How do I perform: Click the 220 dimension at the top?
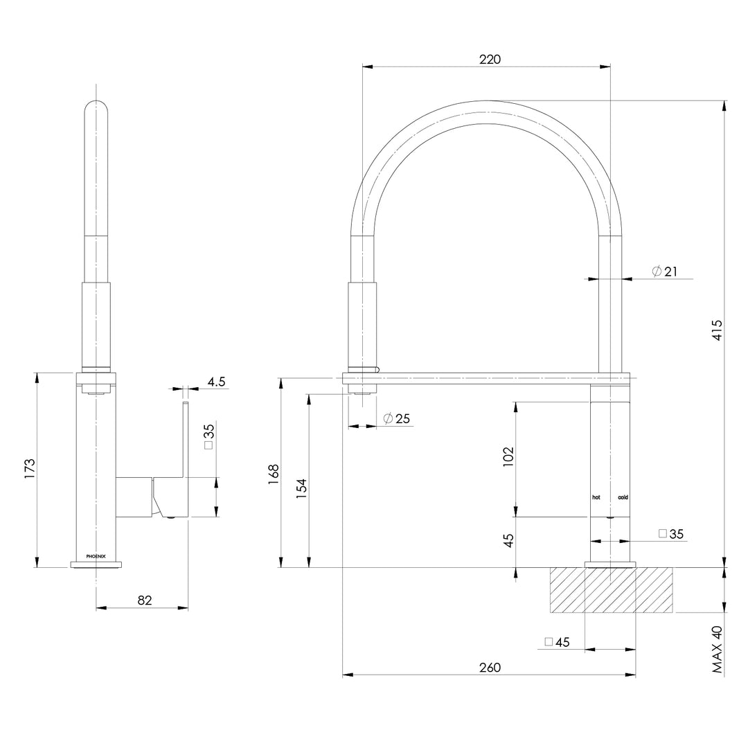click(490, 59)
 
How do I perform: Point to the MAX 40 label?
click(717, 650)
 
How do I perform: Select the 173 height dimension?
click(30, 469)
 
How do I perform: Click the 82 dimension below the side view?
click(144, 600)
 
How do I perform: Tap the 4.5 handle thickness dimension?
click(215, 382)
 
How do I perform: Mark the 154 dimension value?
click(301, 489)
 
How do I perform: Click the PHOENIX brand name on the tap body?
click(96, 555)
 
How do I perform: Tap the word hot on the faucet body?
click(596, 497)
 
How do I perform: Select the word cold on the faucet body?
click(623, 497)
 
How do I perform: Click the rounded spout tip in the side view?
click(96, 111)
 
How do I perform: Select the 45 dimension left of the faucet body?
click(508, 541)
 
